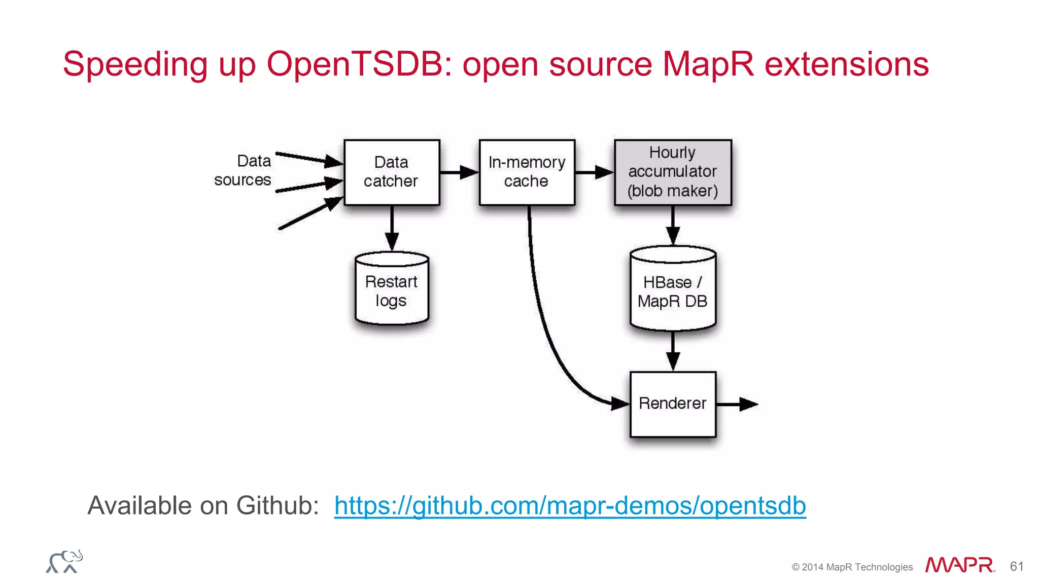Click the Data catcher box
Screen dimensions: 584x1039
tap(391, 172)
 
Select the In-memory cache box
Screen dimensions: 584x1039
tap(527, 172)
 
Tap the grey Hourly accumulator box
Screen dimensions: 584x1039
tap(673, 172)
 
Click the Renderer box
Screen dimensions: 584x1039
tap(673, 404)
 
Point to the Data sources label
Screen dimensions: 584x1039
tap(244, 170)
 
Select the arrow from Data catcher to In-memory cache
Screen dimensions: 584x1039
tap(459, 172)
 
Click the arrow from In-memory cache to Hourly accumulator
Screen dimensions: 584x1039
tap(594, 172)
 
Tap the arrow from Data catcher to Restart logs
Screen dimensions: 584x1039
tap(392, 228)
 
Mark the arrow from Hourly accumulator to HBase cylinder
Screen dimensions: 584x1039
tap(673, 225)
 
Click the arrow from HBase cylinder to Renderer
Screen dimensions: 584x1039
tap(673, 351)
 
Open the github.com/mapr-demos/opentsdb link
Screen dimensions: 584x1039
tap(570, 506)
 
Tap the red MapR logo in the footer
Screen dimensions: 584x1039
tap(959, 565)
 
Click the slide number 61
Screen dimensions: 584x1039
tap(1017, 566)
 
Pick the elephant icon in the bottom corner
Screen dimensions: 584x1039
tap(64, 562)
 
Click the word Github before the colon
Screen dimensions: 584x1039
tap(277, 506)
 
